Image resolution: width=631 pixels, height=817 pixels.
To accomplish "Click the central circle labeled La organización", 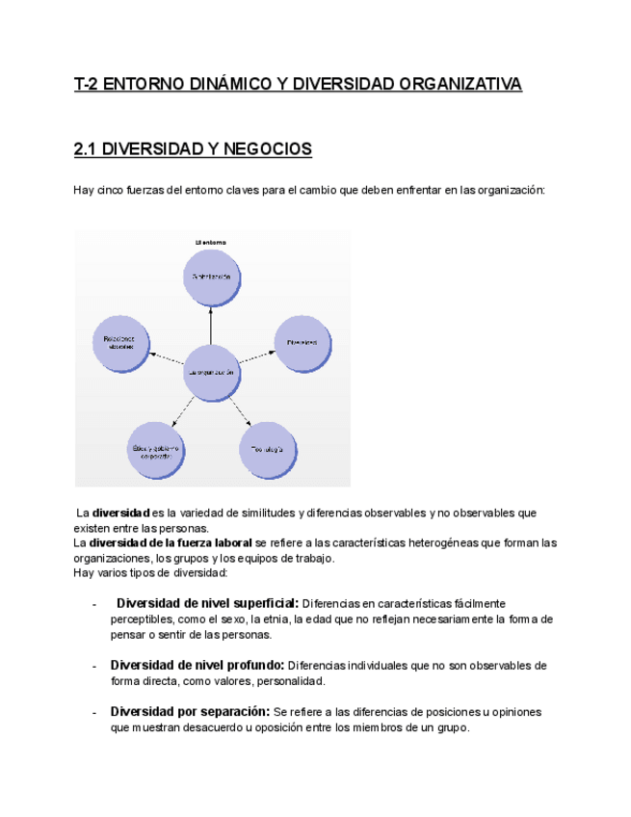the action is click(x=210, y=372).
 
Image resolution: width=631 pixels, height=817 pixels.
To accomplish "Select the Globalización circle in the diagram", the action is click(x=210, y=277).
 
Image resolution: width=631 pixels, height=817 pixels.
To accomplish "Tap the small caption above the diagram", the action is click(x=210, y=241).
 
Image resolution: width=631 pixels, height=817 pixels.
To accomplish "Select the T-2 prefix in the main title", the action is click(x=87, y=85).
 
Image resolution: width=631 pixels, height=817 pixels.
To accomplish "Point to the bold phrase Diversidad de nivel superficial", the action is click(x=207, y=603).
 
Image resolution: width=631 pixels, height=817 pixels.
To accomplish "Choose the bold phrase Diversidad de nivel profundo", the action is click(x=197, y=665).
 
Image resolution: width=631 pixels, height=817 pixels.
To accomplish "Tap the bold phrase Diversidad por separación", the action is click(x=190, y=711).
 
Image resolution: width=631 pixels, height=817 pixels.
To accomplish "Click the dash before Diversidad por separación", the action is click(x=93, y=712).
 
